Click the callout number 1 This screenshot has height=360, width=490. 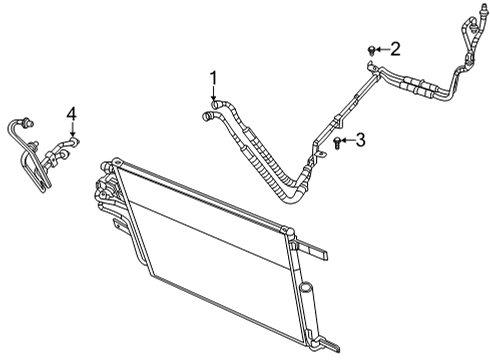[x=213, y=77]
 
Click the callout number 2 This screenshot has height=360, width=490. [x=395, y=47]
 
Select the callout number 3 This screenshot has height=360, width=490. [x=360, y=142]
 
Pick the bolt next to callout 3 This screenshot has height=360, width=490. [x=338, y=144]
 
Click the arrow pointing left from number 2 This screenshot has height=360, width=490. [x=382, y=48]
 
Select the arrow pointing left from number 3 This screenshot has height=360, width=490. [x=348, y=143]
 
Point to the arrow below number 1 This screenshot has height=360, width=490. [x=213, y=91]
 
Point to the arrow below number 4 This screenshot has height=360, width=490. [x=71, y=130]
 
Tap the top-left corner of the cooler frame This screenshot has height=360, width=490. [x=101, y=160]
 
